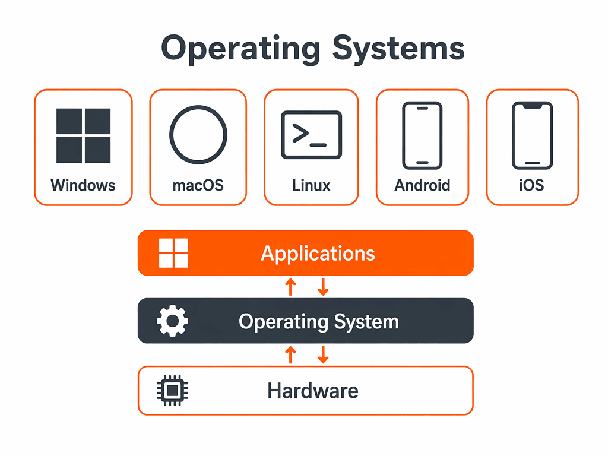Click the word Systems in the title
[398, 49]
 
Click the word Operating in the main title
[241, 49]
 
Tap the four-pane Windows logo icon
[83, 136]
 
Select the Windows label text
[83, 185]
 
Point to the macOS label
[198, 185]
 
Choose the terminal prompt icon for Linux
[311, 135]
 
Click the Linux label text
[311, 185]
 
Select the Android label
[422, 185]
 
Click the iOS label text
[531, 185]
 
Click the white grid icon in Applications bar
[174, 253]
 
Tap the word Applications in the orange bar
[318, 254]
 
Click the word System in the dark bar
[366, 322]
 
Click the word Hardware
[313, 391]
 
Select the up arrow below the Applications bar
[290, 287]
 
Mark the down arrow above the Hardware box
[323, 355]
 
